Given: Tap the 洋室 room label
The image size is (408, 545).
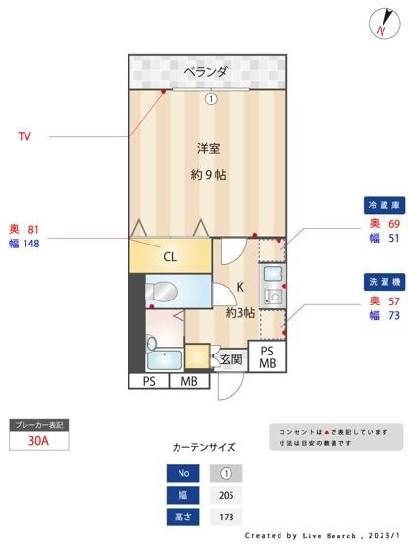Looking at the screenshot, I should (x=207, y=149).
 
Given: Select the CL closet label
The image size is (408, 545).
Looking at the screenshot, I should (x=170, y=257).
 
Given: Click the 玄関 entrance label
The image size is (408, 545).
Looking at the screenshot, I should (x=230, y=359).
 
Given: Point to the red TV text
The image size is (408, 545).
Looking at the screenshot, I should (x=24, y=136).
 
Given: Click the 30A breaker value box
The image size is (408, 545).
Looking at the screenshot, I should (x=38, y=442).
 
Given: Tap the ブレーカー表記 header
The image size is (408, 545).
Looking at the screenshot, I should (x=38, y=425).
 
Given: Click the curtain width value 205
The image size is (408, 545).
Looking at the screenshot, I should (x=227, y=494).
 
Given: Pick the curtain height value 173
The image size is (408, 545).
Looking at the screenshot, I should (x=227, y=516).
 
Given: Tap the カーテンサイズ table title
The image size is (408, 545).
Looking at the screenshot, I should (x=203, y=447).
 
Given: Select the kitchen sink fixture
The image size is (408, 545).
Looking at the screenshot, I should (x=272, y=278).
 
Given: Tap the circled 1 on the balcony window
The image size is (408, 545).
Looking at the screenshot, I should (x=209, y=98).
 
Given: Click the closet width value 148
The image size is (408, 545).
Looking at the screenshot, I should (x=31, y=244).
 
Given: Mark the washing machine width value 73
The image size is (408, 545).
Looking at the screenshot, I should (x=393, y=316).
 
